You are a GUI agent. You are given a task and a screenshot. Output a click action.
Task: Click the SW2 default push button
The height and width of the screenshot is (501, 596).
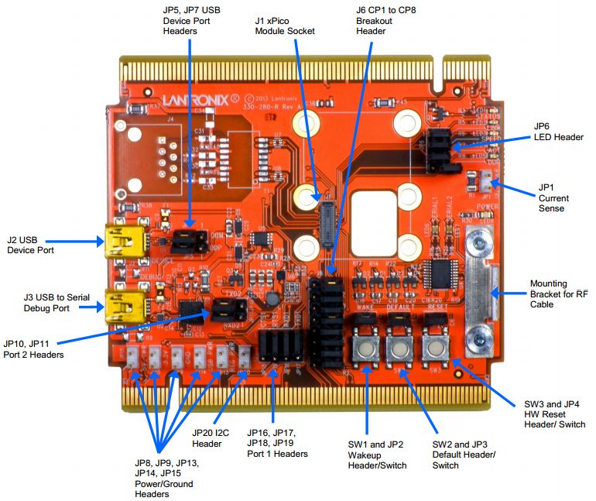[399, 349]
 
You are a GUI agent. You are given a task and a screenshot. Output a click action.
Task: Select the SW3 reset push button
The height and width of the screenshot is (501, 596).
[436, 349]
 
